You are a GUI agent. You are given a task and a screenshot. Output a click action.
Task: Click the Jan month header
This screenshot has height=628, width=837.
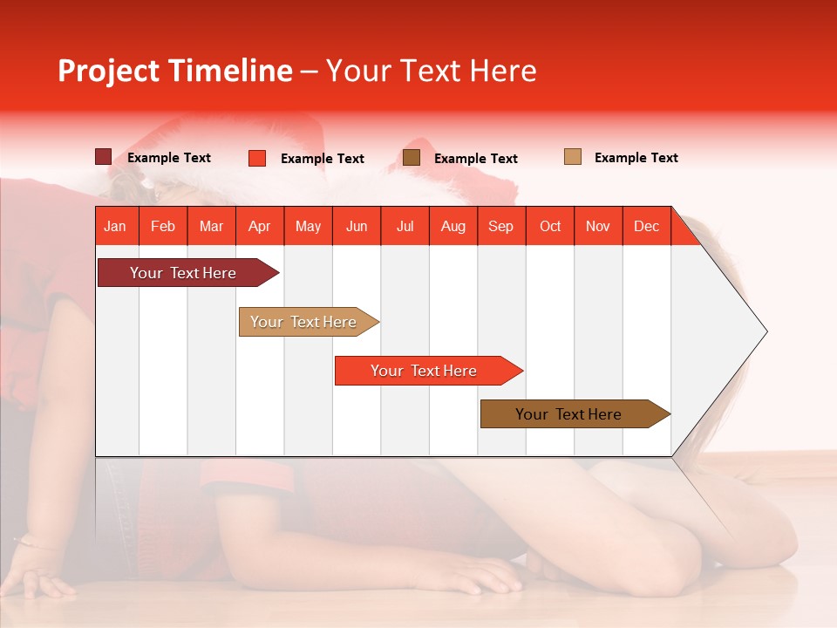coord(115,226)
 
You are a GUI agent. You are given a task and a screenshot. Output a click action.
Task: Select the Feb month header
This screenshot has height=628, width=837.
coord(163,226)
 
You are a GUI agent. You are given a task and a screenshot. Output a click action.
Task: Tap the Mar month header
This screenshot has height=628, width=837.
coord(211,226)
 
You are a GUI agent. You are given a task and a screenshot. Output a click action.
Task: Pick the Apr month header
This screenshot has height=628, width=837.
coord(259,226)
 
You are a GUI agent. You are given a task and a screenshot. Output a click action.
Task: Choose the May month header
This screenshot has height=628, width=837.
coord(308,226)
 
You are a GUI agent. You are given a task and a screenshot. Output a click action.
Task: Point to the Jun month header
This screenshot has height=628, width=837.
coord(357,226)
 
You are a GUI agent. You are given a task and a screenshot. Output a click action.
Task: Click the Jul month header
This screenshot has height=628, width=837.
coord(405,226)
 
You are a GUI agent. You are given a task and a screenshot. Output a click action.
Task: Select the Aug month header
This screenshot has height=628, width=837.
coord(453,226)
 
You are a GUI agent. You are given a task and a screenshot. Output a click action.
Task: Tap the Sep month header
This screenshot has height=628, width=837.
coord(500,226)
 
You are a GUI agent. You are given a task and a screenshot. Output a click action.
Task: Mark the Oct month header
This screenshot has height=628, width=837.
coord(550,226)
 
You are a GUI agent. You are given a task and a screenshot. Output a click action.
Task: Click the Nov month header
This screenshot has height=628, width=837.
coord(598,226)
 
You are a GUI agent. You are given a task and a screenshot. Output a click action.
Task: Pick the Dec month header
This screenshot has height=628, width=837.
coord(646,226)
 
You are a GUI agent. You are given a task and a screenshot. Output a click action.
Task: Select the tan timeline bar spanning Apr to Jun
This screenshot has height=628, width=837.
coord(306,322)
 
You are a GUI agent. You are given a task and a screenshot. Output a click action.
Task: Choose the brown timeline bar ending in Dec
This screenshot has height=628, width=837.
coord(572,414)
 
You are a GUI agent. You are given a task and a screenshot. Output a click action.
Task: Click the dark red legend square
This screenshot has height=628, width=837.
coord(103,157)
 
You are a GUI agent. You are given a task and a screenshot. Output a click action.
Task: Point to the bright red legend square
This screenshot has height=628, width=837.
coord(257,158)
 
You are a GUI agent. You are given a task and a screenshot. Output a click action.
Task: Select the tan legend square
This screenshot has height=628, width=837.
coord(573,157)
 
